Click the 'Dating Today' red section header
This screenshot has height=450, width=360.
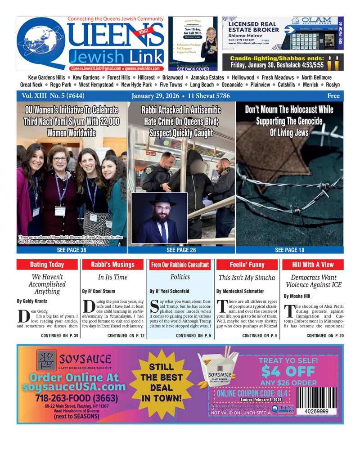47,265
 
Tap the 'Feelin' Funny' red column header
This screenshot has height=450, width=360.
247,265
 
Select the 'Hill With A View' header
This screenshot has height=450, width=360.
313,265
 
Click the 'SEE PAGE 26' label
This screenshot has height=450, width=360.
181,250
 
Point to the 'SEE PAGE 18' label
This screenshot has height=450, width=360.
289,250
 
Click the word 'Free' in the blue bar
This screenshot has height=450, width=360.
333,96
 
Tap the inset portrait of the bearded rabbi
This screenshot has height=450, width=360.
159,218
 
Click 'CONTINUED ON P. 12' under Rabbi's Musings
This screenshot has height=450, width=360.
126,336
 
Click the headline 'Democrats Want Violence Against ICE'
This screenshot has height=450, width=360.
313,281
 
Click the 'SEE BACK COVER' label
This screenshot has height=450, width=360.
193,70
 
